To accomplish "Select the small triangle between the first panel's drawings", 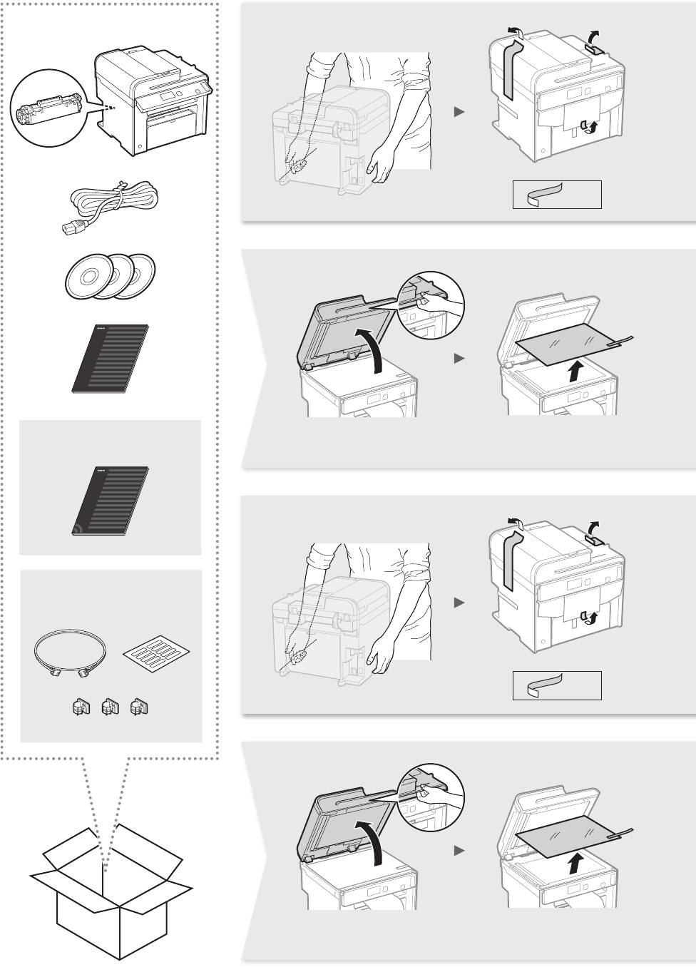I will tap(459, 112).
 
